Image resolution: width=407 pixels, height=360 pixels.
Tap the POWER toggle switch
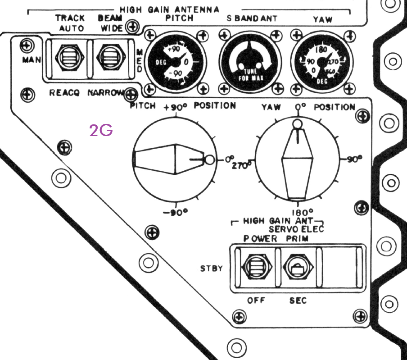pos(255,268)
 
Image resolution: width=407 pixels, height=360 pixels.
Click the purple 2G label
pos(101,131)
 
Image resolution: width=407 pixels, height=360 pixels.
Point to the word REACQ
pos(64,93)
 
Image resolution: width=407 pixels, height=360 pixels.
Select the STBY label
pos(212,269)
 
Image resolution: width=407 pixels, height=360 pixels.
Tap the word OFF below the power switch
pos(256,301)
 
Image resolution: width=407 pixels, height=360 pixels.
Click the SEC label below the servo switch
pos(298,301)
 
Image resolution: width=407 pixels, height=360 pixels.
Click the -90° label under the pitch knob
pos(175,213)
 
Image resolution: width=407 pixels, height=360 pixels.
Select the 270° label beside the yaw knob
pos(241,165)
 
